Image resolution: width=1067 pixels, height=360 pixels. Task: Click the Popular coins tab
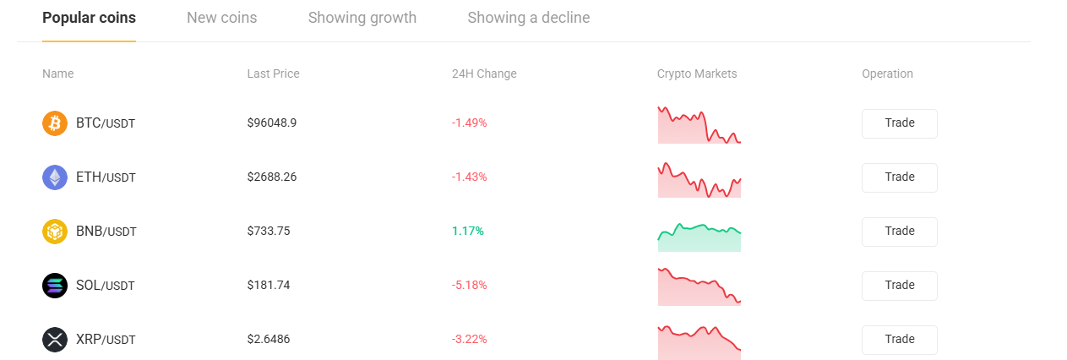[x=89, y=18]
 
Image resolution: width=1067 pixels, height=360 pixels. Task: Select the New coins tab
[x=221, y=18]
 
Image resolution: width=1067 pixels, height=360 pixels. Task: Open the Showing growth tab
[x=362, y=18]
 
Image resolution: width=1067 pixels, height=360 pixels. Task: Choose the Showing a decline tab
[x=528, y=18]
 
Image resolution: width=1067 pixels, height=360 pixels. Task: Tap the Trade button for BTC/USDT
[x=899, y=123]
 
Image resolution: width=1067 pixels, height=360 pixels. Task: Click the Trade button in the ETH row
[x=899, y=177]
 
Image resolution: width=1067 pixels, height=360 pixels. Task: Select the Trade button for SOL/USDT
[x=899, y=286]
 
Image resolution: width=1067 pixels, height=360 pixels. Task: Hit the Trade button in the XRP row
[x=899, y=340]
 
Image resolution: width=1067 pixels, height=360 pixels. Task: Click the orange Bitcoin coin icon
[x=55, y=123]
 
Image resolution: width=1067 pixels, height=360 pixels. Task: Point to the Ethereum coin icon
[x=55, y=177]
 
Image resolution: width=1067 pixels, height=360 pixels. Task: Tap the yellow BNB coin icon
[x=55, y=232]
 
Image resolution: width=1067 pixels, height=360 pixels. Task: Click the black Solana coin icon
[x=55, y=286]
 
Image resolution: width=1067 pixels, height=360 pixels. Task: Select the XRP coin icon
[x=55, y=340]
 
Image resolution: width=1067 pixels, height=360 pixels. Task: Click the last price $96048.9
[x=271, y=123]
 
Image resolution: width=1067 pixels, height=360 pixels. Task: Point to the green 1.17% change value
[x=467, y=232]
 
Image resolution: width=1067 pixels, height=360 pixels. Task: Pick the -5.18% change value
[x=469, y=286]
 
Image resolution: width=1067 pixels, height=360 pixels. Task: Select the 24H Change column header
[x=484, y=74]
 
